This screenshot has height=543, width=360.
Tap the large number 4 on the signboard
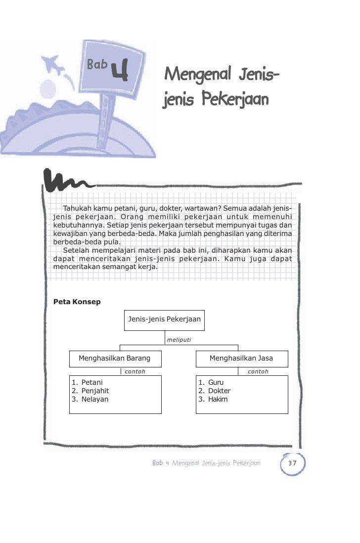120,70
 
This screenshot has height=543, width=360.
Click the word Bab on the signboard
97,64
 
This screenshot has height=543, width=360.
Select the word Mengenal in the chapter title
197,75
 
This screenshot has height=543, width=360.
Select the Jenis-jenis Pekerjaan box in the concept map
164,319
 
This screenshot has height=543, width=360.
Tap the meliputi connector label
179,340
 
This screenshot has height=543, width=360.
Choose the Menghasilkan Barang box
114,358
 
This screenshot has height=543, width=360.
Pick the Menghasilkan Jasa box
241,358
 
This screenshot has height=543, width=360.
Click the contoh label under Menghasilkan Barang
135,371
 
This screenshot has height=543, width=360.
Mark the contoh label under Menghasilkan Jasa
258,371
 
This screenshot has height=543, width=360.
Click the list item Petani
92,382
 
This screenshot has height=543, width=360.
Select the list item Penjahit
95,391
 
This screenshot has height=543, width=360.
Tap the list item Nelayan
94,399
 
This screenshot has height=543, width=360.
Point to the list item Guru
216,382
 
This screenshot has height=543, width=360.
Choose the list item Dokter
219,391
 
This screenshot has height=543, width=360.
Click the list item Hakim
218,399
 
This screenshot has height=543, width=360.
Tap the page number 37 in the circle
292,463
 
